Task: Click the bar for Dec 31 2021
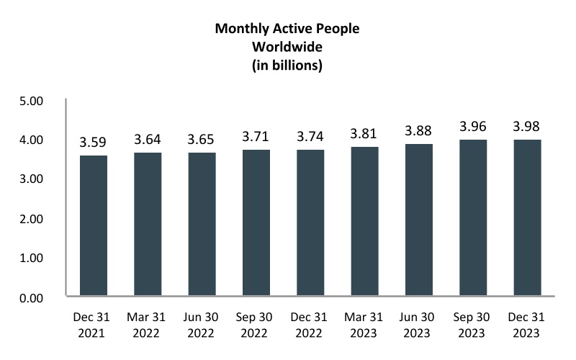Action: tap(94, 225)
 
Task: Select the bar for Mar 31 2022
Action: tap(148, 224)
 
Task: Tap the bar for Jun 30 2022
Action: tap(202, 224)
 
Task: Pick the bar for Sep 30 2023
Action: tap(474, 217)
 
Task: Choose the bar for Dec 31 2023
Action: tap(528, 217)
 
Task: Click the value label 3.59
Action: tap(94, 143)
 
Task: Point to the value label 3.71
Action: tap(256, 137)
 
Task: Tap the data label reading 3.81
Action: tap(365, 134)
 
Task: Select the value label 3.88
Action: tap(419, 131)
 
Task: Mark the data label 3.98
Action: tap(528, 127)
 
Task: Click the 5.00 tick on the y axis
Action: tap(33, 101)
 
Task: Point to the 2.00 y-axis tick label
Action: tap(33, 218)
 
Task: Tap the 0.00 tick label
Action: tap(33, 297)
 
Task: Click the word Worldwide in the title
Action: tap(287, 48)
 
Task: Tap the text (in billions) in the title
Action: tap(287, 66)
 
